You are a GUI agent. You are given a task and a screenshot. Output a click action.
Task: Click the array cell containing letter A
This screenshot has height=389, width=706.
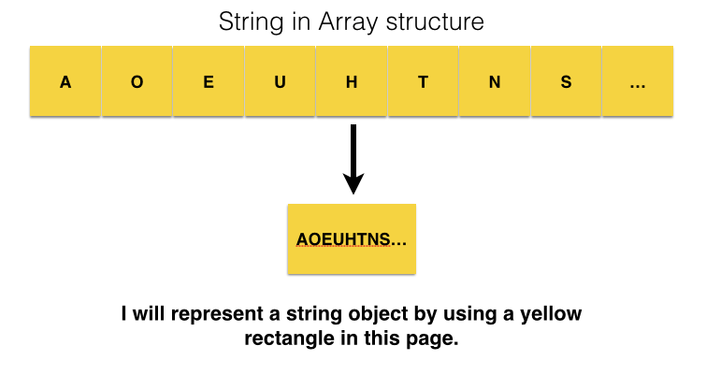(x=65, y=81)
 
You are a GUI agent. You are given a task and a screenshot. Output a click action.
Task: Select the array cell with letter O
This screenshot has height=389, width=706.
(x=137, y=81)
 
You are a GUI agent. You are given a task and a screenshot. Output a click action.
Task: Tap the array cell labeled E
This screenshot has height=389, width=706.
(x=209, y=81)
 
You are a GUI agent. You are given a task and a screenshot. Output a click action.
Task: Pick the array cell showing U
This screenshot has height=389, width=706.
(x=280, y=81)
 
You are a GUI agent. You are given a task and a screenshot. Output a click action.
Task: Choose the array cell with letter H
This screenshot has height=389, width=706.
(x=352, y=81)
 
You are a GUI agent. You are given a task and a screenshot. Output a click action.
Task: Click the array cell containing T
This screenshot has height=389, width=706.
(x=424, y=81)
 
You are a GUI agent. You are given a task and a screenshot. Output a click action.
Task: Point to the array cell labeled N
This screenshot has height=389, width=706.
(x=495, y=81)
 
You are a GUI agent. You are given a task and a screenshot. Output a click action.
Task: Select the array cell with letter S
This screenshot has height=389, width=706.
(x=567, y=81)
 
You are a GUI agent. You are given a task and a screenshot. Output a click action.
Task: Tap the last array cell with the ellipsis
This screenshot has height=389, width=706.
(x=638, y=81)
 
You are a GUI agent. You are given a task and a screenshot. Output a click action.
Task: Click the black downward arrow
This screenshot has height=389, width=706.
(x=353, y=159)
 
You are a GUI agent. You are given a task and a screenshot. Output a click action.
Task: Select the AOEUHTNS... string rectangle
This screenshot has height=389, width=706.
(x=352, y=238)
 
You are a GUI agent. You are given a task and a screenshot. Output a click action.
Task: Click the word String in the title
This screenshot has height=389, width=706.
(x=252, y=22)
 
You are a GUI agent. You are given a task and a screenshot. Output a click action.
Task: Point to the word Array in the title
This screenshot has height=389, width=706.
(x=348, y=22)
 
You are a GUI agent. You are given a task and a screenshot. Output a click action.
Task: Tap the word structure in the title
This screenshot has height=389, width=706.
(x=435, y=22)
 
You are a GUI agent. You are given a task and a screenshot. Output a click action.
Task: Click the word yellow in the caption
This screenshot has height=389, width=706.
(x=551, y=314)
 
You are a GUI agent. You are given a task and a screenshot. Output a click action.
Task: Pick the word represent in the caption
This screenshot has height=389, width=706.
(x=217, y=315)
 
